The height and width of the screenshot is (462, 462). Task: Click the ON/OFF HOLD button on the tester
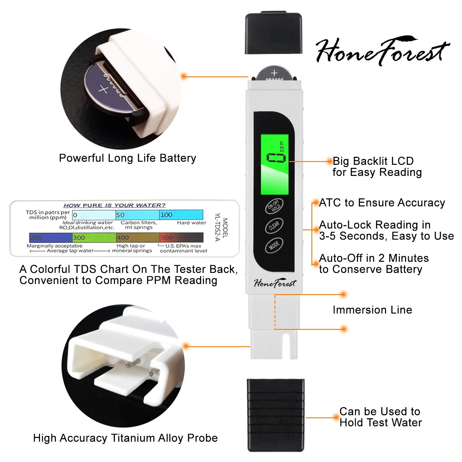click(274, 206)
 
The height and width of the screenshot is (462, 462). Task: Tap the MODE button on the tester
click(274, 245)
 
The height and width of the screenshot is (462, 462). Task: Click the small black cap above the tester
click(273, 33)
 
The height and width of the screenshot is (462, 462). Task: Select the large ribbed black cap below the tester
click(276, 415)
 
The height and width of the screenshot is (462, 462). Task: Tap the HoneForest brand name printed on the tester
click(275, 283)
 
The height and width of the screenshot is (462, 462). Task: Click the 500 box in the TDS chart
click(181, 237)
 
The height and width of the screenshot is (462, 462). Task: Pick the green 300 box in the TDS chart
click(94, 237)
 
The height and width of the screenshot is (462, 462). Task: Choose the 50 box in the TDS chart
click(137, 215)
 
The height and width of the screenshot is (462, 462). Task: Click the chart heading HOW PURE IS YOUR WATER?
click(114, 205)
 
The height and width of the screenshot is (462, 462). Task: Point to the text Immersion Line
click(372, 310)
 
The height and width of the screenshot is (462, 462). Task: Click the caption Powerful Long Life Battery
click(128, 158)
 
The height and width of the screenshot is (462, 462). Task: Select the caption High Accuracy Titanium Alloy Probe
click(125, 438)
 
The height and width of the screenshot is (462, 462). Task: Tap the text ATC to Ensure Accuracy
click(382, 203)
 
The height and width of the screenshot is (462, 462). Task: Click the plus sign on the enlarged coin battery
click(103, 90)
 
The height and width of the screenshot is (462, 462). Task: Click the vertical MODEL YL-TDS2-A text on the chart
click(221, 229)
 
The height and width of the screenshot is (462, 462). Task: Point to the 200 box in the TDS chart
click(51, 237)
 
